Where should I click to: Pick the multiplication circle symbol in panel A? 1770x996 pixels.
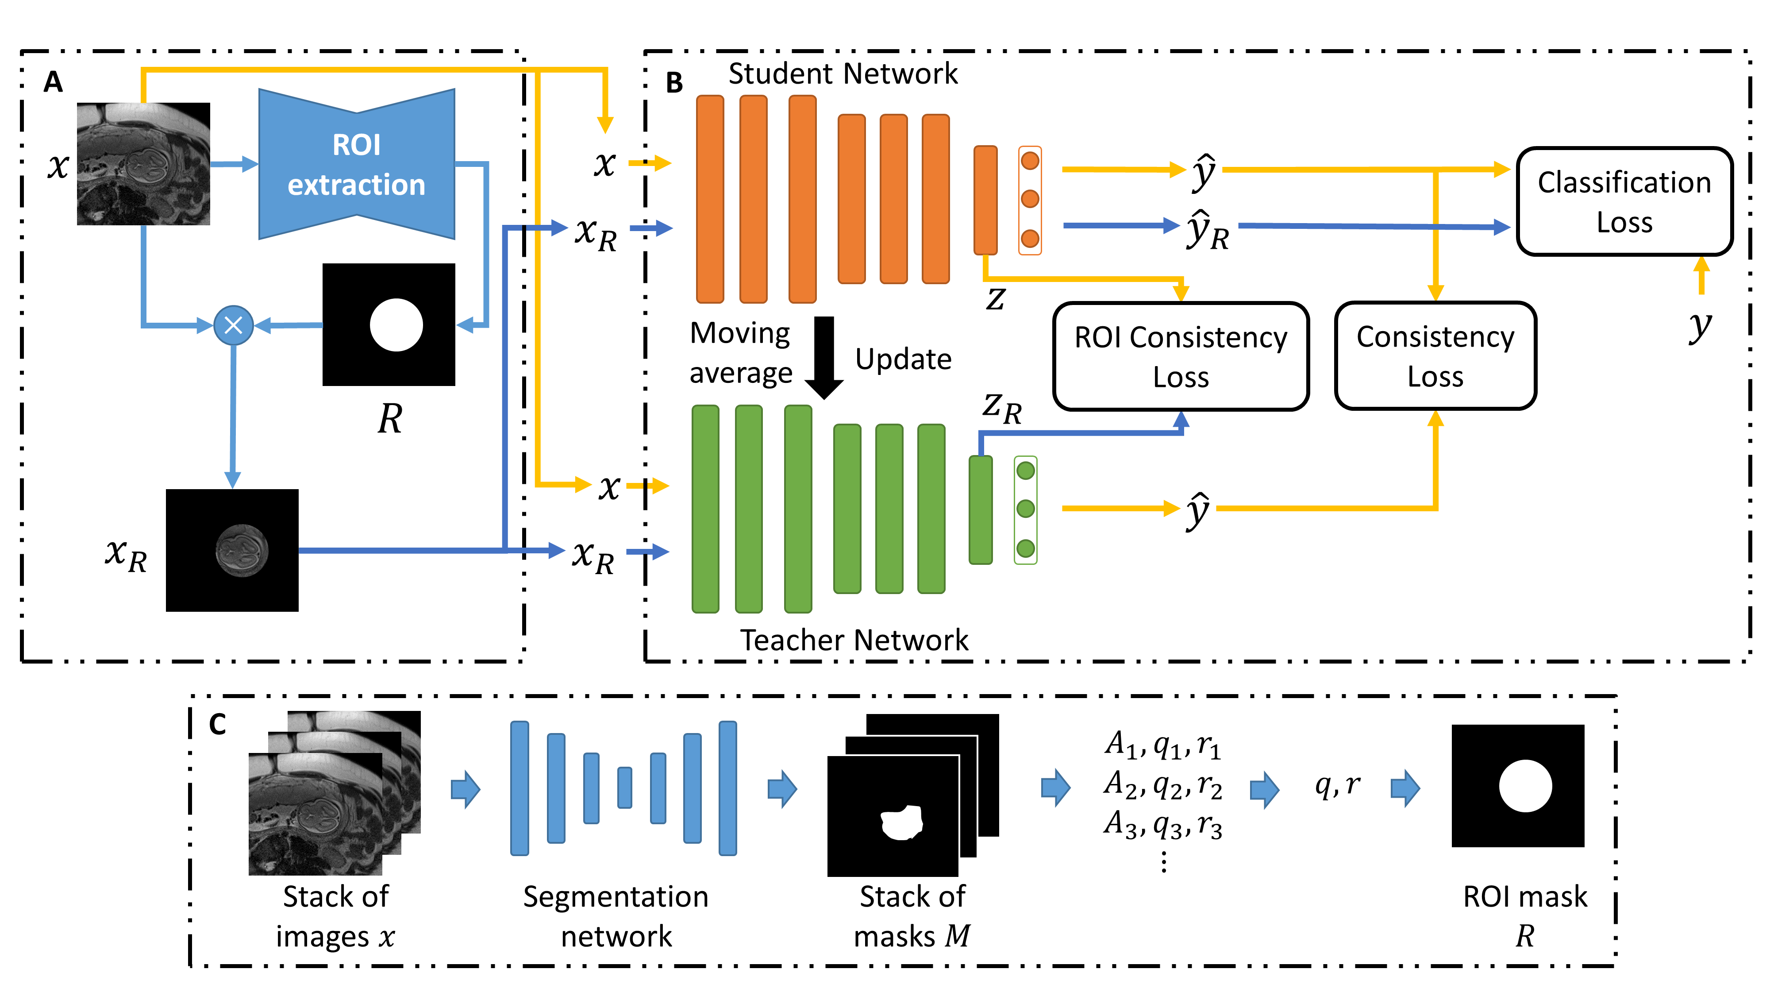[234, 325]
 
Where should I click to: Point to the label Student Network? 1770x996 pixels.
[843, 73]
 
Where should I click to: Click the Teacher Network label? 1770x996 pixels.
[854, 640]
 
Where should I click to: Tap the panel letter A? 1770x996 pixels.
[53, 82]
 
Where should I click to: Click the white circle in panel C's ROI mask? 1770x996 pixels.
[1525, 786]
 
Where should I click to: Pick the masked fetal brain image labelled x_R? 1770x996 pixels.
[232, 550]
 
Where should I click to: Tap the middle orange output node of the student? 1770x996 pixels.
[1029, 199]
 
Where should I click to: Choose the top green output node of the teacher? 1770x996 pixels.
[1025, 471]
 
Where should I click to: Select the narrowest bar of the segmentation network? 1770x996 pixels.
[624, 788]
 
